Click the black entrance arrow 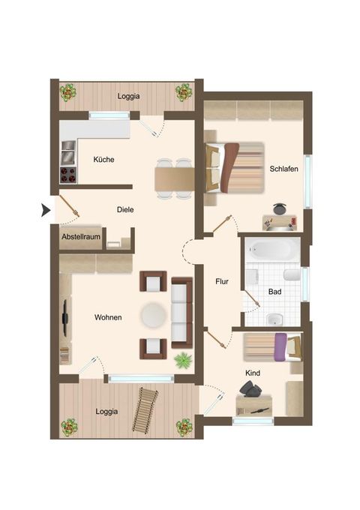point(45,210)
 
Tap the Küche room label point(103,159)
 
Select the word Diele point(125,210)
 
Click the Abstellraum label point(81,237)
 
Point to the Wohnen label point(108,317)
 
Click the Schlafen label point(283,169)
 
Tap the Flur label point(222,281)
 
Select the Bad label point(274,292)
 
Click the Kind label point(253,373)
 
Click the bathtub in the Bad point(273,249)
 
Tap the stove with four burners point(68,175)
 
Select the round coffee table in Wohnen point(154,315)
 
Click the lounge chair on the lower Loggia point(145,409)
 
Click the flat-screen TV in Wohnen point(65,318)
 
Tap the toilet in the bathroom point(292,274)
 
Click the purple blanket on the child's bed point(280,346)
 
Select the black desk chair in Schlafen point(279,208)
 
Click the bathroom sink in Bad point(275,319)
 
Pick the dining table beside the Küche point(174,179)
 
